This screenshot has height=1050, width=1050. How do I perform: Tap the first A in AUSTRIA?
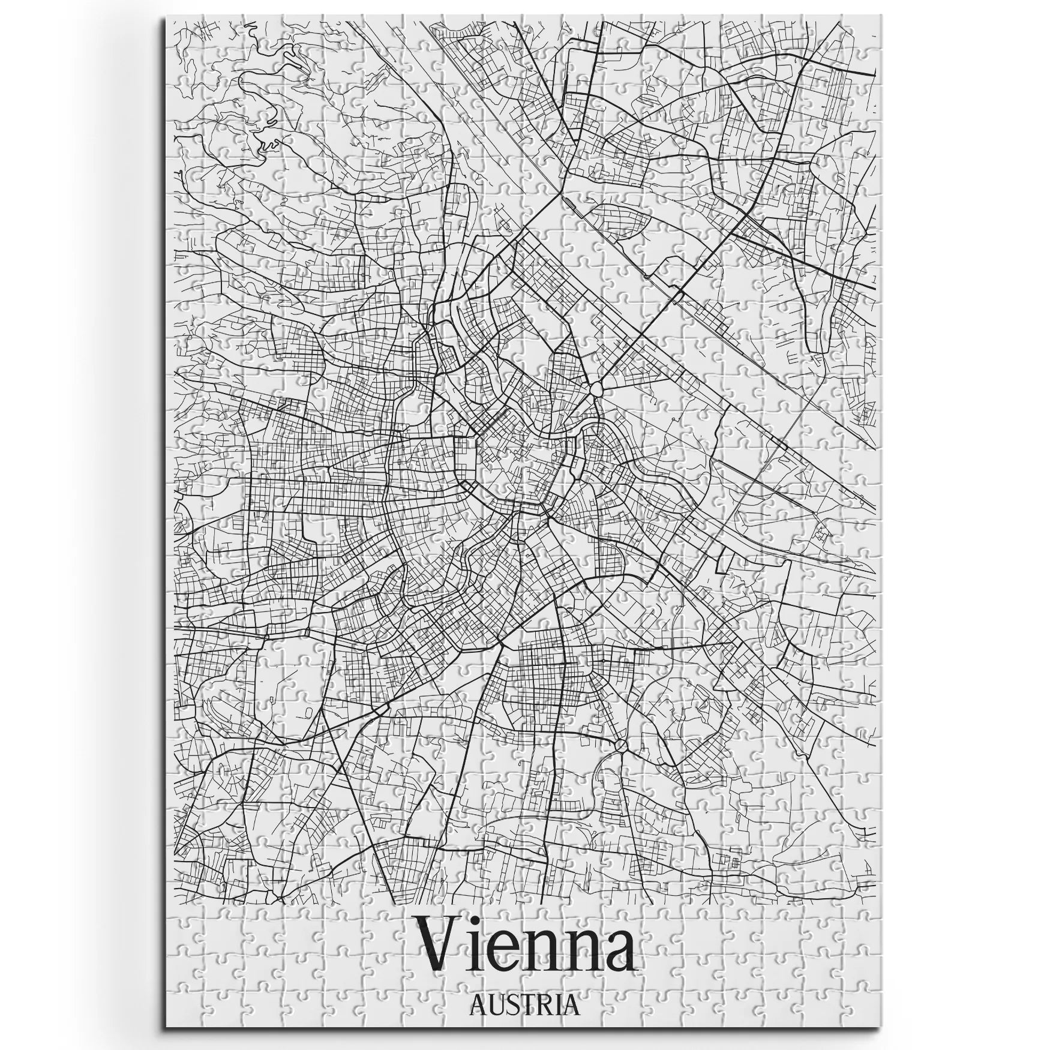click(x=479, y=1004)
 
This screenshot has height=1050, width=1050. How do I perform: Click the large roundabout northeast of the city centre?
click(x=596, y=390)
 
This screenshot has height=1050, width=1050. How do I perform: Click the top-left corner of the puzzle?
click(x=164, y=16)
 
